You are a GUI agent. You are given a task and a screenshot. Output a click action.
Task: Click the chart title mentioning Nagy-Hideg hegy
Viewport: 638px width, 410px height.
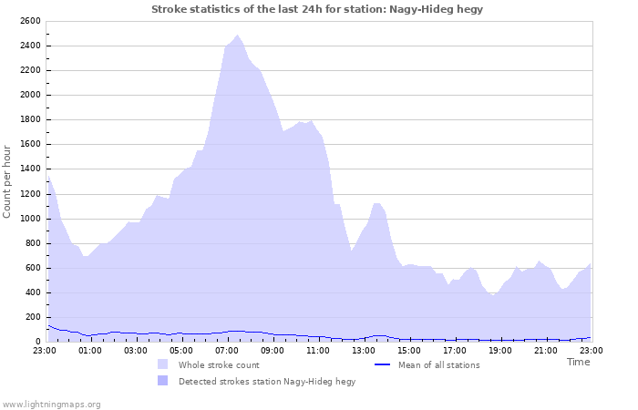317,9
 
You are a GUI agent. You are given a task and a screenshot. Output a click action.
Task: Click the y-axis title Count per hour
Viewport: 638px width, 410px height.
8,181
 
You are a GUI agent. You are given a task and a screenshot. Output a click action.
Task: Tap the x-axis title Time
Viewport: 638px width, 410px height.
578,362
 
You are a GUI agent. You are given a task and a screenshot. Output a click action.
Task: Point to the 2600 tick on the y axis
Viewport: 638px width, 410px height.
30,21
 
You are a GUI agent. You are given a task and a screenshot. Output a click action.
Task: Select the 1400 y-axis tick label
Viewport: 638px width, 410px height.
30,169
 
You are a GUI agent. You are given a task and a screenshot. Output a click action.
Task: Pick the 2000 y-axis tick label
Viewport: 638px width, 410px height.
30,95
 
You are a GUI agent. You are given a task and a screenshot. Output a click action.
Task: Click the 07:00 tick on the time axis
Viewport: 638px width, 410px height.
227,350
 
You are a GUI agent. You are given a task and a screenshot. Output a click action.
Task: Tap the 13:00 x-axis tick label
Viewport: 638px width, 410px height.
364,350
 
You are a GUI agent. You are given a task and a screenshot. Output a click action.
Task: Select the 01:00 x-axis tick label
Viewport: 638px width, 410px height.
90,350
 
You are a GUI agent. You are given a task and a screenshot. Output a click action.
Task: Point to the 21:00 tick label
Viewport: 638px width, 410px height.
546,350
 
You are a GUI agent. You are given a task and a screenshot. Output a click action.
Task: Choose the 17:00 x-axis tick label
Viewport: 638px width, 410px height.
455,350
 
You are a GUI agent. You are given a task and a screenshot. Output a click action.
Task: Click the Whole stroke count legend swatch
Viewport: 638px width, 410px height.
162,364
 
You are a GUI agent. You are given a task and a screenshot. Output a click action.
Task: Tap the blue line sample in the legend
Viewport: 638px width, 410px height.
383,364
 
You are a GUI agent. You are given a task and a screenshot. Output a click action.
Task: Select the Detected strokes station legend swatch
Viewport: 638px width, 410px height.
162,381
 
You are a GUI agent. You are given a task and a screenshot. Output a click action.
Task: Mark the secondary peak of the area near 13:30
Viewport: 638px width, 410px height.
377,203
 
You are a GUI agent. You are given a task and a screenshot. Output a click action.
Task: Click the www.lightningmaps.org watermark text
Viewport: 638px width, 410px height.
51,404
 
